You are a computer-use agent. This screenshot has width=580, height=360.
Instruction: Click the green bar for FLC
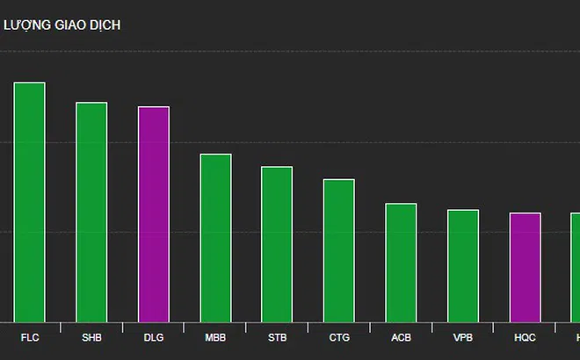(x=29, y=202)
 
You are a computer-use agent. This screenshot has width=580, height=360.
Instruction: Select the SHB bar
(x=91, y=212)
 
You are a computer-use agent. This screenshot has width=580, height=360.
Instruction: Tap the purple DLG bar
(x=154, y=214)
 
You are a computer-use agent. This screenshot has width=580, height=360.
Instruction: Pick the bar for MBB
(x=215, y=238)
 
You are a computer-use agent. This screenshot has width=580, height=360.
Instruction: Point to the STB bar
(x=277, y=244)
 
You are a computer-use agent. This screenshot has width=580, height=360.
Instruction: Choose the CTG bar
(x=339, y=250)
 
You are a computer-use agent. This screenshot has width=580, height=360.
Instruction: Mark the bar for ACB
(x=401, y=263)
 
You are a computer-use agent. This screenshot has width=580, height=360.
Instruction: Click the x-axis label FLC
(x=29, y=337)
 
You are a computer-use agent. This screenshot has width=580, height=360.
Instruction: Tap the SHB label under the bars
(x=91, y=337)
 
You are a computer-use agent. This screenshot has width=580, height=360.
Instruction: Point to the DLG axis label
(x=154, y=337)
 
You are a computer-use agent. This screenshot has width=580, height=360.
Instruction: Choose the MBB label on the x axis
(x=215, y=337)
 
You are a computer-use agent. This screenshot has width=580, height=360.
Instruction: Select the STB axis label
(x=277, y=337)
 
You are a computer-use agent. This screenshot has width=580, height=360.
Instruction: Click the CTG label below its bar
(x=339, y=337)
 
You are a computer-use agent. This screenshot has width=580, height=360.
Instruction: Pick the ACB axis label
(x=401, y=337)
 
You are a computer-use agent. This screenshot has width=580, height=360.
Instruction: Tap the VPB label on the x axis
(x=463, y=337)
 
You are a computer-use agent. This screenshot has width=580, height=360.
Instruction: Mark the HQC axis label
(x=525, y=337)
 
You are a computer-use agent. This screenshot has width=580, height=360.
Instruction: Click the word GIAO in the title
(x=69, y=25)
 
